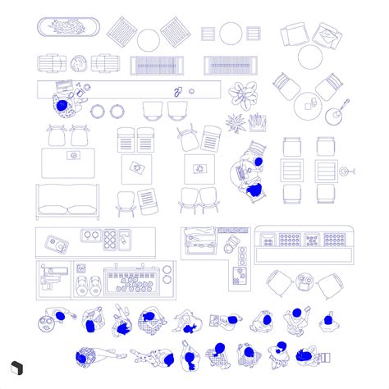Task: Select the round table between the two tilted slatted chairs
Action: (149, 39)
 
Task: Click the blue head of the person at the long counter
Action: (60, 104)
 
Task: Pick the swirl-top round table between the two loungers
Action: (80, 63)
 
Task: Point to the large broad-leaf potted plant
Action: (241, 94)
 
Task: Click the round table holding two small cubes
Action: (309, 103)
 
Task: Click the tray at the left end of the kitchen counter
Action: (58, 242)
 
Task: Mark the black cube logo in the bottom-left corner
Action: (17, 366)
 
